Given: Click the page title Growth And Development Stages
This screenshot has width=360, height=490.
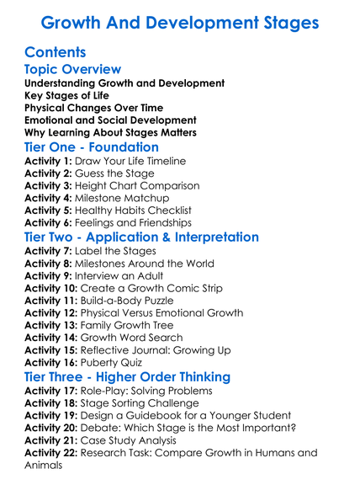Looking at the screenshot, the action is coord(179,22).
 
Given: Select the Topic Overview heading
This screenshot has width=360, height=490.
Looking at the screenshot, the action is coord(73,70).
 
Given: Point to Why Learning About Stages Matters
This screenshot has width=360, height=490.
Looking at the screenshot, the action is coord(110,132).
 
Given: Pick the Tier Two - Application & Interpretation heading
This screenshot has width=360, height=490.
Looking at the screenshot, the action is coord(141,237).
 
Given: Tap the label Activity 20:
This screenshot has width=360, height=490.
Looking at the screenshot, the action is coord(52,428).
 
